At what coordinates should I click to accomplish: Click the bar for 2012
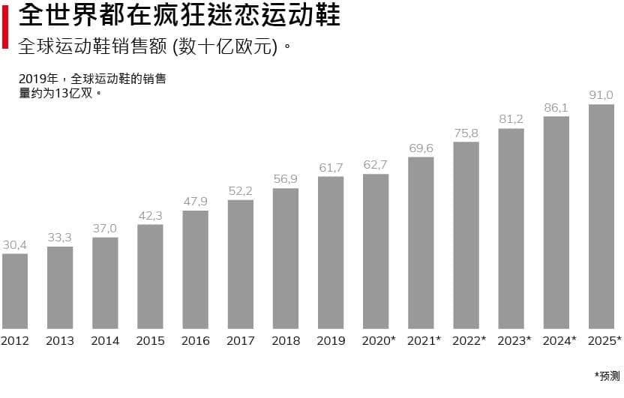[x=15, y=291]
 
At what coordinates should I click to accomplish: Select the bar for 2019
[x=331, y=253]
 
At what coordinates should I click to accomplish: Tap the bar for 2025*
[x=601, y=216]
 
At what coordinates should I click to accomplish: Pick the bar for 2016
[x=195, y=269]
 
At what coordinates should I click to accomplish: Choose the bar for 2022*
[x=466, y=235]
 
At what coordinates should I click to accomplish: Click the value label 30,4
[x=15, y=245]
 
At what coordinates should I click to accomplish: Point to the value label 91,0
[x=601, y=95]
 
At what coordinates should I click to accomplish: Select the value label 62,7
[x=376, y=166]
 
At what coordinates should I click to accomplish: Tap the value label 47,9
[x=195, y=202]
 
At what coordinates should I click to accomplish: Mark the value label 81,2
[x=511, y=119]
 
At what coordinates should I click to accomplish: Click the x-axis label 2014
[x=105, y=341]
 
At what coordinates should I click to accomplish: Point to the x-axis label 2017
[x=240, y=341]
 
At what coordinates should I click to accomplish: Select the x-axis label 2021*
[x=424, y=341]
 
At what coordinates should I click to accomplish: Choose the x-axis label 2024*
[x=559, y=341]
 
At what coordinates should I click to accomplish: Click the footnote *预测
[x=607, y=376]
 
